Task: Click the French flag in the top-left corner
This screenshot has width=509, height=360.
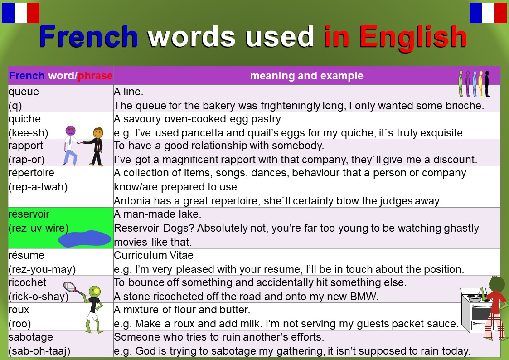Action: point(20,13)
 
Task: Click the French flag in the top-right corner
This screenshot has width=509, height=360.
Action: point(488,13)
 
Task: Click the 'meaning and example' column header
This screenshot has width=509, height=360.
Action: point(306,76)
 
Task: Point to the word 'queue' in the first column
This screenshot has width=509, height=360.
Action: point(24,92)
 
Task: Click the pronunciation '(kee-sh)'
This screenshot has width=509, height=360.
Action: point(28,133)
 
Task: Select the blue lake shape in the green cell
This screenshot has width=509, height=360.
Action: point(85,238)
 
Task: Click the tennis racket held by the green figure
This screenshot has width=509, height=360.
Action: point(70,287)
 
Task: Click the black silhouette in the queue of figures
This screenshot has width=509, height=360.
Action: point(487,84)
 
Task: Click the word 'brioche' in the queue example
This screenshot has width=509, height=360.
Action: point(466,106)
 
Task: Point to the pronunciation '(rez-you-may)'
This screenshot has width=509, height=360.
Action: point(42,269)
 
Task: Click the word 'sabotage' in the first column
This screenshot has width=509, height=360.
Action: point(30,337)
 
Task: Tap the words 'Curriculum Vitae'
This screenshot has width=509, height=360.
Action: point(154,255)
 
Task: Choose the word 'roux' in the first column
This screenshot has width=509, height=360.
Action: point(19,310)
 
